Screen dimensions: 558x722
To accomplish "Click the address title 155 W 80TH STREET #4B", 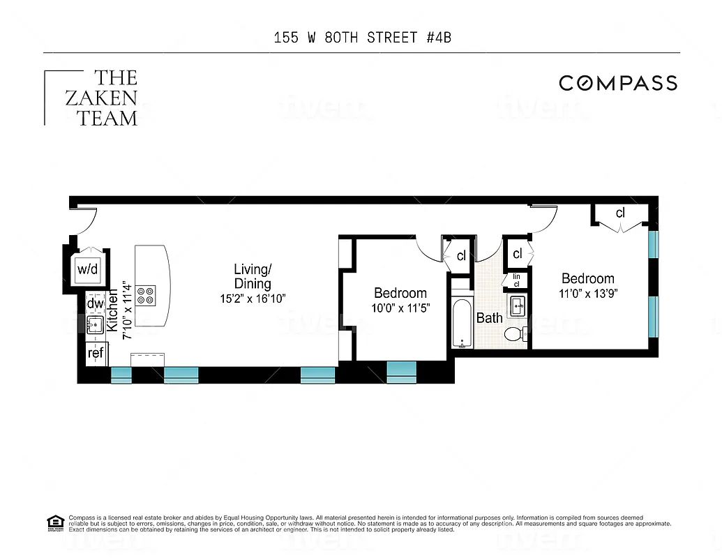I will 362,38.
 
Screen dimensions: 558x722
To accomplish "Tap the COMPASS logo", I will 618,84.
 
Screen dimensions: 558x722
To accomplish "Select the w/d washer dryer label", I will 87,269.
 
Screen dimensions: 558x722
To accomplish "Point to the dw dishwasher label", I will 95,303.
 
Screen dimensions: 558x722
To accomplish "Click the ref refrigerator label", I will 96,353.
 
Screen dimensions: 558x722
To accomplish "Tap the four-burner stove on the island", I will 146,296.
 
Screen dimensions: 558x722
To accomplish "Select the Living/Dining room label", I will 253,276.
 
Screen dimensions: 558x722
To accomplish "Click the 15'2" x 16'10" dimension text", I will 253,299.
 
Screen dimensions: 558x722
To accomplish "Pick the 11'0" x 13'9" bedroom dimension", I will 588,293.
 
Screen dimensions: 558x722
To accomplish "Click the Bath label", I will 489,318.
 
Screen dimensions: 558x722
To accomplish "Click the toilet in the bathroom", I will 515,334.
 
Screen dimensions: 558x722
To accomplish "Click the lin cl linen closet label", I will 517,280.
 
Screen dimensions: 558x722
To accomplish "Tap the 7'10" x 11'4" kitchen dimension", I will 127,310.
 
